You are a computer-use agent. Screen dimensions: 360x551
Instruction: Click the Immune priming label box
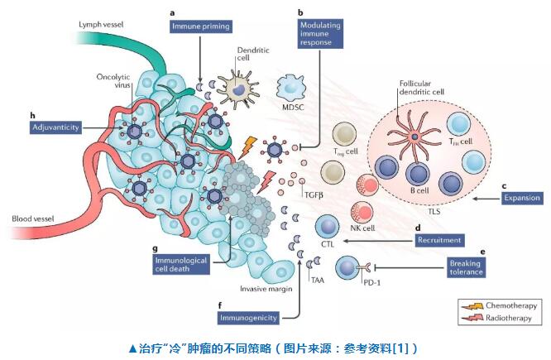199,27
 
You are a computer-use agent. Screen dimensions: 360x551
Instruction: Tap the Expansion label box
521,198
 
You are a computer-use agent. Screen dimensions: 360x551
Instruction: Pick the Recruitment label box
439,240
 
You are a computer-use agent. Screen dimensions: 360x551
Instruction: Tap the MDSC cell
295,87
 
